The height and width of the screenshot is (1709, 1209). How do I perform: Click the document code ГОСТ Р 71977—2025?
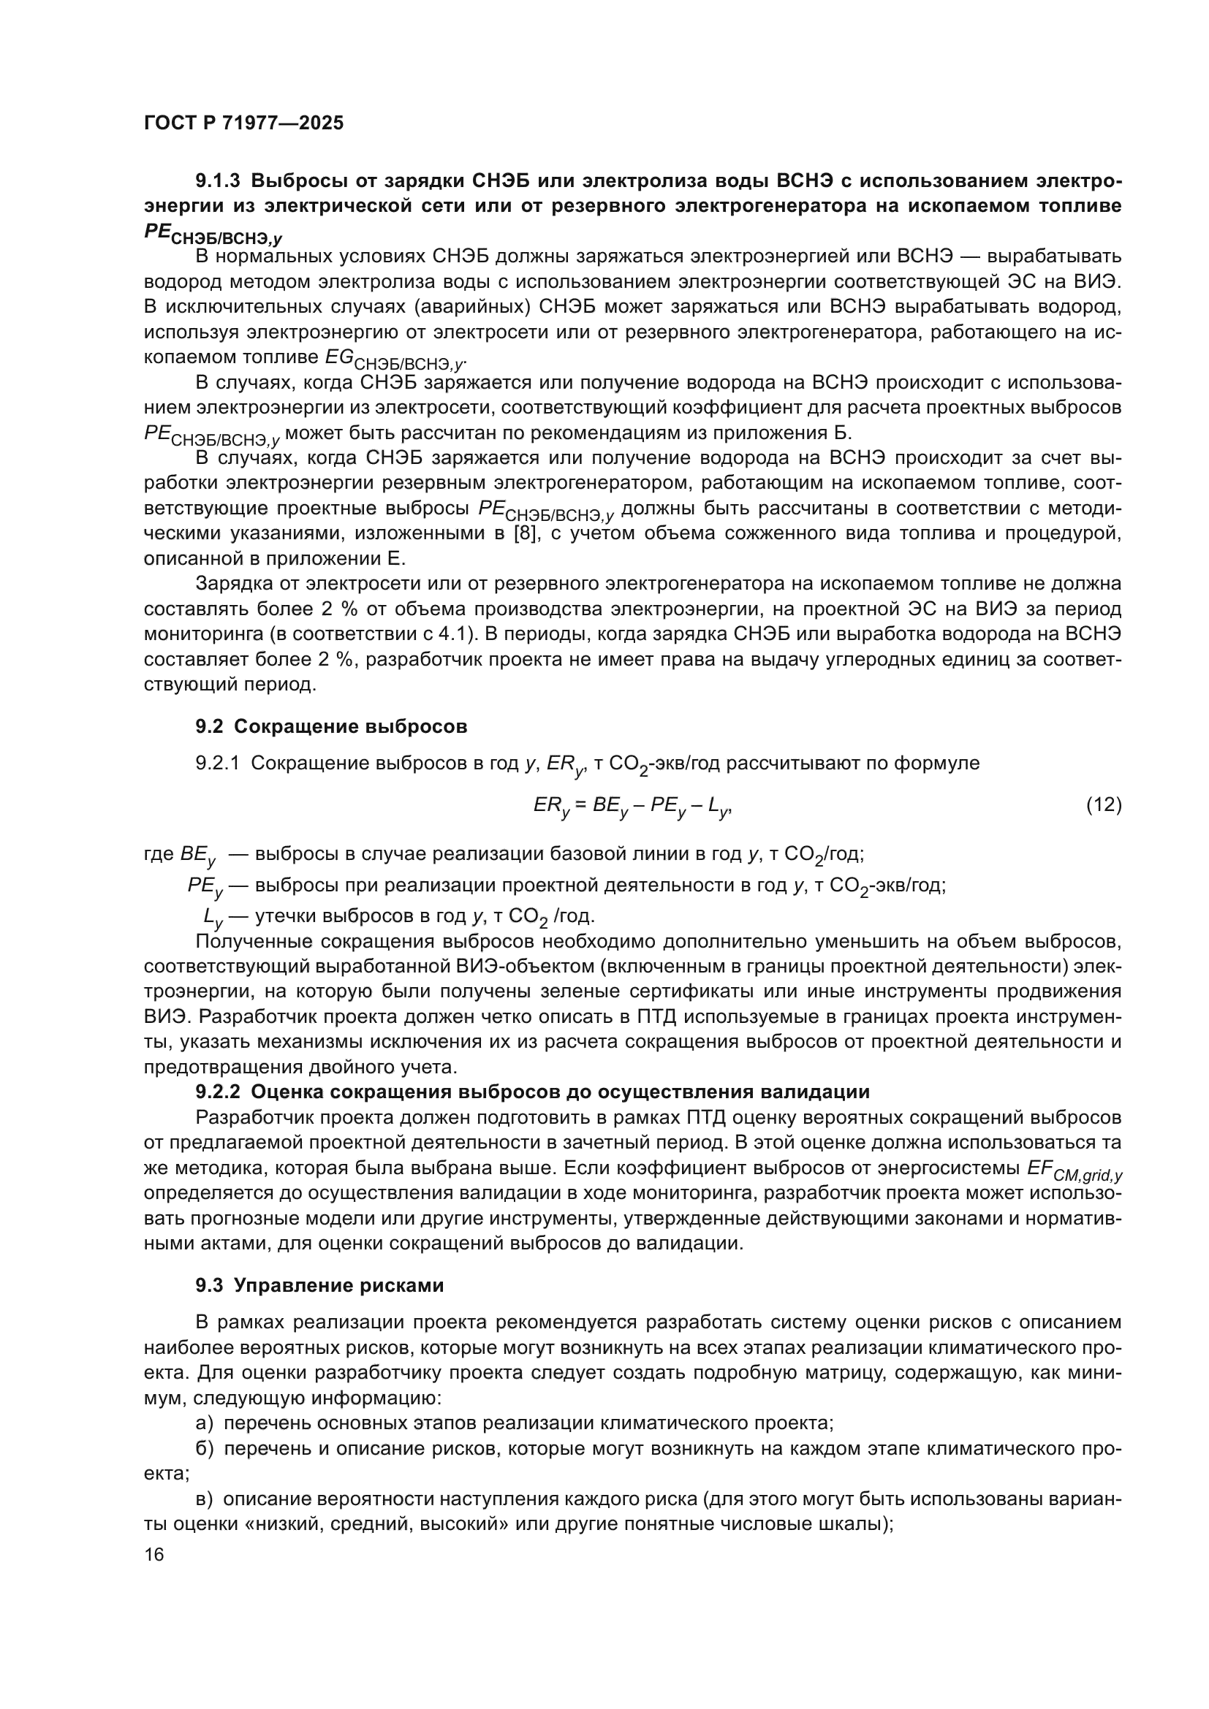click(243, 123)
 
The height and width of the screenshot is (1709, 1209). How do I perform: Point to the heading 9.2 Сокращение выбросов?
click(331, 726)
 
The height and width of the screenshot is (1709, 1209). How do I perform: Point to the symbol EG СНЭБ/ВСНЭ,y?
click(395, 359)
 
